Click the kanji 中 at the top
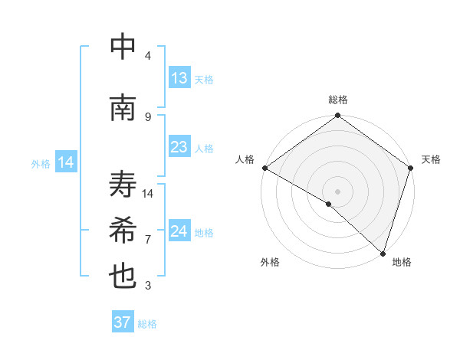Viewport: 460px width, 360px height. (x=123, y=47)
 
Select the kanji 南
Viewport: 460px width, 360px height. (x=123, y=108)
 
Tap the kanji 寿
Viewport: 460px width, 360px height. (x=123, y=185)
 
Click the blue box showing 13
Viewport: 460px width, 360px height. (x=179, y=78)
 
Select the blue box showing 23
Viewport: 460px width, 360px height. (x=179, y=147)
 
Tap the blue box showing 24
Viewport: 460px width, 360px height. (x=179, y=231)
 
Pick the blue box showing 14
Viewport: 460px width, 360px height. (x=66, y=162)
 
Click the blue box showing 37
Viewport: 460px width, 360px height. (x=122, y=322)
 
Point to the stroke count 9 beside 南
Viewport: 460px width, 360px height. (x=148, y=116)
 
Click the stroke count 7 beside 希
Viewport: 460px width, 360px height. (x=148, y=239)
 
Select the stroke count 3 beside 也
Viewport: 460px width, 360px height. (x=148, y=286)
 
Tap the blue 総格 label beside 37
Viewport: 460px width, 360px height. (x=147, y=324)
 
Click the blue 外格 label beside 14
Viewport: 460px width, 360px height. (x=41, y=163)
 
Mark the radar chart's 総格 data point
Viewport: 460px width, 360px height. (x=337, y=116)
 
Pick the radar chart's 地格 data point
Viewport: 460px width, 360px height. (x=383, y=253)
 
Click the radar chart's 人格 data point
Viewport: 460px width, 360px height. (x=264, y=168)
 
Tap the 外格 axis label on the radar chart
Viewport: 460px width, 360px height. (x=270, y=262)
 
